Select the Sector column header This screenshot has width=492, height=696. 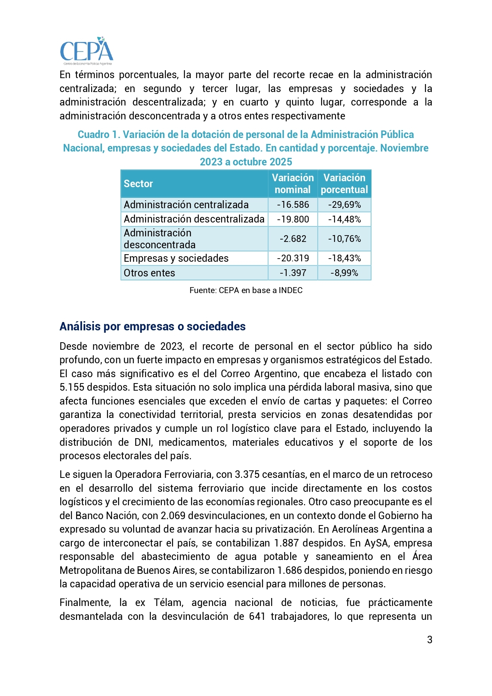138,184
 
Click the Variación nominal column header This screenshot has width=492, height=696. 293,184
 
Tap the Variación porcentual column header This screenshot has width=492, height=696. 344,184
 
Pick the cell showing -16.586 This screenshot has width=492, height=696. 293,205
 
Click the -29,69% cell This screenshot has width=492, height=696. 344,205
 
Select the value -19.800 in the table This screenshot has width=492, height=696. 293,219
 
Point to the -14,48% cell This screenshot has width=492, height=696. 344,219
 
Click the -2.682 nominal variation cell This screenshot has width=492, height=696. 293,239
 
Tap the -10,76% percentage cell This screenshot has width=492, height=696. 344,239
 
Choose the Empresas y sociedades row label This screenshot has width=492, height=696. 176,258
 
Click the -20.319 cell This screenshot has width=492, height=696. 293,258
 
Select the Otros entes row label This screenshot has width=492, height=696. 149,273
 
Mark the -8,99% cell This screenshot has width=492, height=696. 344,273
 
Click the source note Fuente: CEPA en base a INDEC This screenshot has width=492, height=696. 246,290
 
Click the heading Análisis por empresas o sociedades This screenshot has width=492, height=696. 153,326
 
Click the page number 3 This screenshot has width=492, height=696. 429,639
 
